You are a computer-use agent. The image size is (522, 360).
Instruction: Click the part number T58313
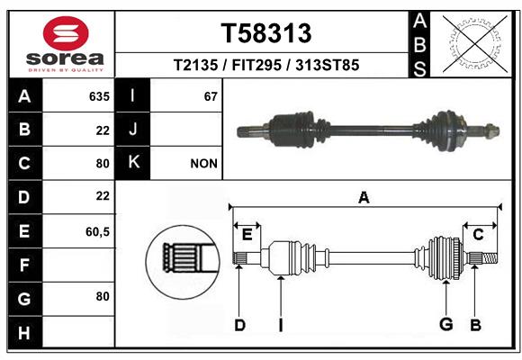tap(266, 33)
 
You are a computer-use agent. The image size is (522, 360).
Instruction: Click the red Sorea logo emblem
tap(66, 33)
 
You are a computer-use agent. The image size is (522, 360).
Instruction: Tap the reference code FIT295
tap(256, 65)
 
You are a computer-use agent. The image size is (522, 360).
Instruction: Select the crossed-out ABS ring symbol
tap(475, 43)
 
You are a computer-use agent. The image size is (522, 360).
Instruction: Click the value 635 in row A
tap(99, 96)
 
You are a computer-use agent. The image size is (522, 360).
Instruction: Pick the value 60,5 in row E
tap(97, 231)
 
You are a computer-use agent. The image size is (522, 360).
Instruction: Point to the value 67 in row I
tap(211, 96)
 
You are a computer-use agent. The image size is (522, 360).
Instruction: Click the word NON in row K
tap(203, 164)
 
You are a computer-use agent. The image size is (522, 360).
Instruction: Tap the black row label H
tap(25, 332)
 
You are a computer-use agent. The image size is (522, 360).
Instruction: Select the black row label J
tap(132, 129)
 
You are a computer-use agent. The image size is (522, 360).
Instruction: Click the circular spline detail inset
tap(183, 262)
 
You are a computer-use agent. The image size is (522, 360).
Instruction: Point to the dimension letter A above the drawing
tap(364, 197)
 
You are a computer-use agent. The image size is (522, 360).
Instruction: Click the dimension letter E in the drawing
tap(247, 235)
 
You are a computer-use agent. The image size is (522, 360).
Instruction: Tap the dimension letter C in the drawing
tap(478, 235)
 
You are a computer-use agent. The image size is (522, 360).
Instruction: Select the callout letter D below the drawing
tap(239, 325)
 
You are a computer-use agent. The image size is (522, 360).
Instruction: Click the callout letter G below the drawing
tap(446, 324)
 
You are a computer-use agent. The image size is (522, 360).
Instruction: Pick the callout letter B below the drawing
tap(475, 325)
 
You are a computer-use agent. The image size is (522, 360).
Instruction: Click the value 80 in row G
tap(103, 296)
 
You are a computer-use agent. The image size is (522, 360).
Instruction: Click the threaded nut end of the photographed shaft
tap(491, 130)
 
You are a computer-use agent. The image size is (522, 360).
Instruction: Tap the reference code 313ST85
tap(328, 65)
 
